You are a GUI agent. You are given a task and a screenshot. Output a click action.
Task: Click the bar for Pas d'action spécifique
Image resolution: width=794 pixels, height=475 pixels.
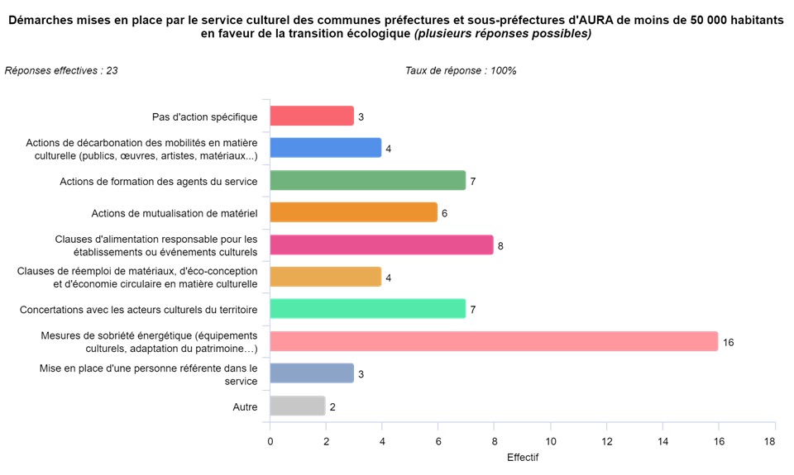point(312,116)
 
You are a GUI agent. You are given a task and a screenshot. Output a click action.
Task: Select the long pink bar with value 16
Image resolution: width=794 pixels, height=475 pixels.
point(494,341)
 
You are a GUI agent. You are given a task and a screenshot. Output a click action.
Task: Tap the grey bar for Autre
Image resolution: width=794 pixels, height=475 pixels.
point(298,406)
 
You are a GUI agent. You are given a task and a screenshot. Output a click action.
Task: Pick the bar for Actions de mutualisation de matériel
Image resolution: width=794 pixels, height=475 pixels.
point(354,213)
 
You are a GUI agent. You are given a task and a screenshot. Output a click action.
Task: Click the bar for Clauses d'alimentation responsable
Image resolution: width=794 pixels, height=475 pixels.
point(381,245)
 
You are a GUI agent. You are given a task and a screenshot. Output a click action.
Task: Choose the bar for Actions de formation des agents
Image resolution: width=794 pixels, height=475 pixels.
point(368,181)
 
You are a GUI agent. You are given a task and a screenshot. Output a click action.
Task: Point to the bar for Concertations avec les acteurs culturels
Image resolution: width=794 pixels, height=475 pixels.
point(368,310)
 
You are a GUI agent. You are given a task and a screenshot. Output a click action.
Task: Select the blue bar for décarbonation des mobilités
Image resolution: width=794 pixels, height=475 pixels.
point(326,149)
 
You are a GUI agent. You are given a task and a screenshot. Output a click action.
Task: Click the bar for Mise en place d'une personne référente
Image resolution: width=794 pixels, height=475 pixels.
point(312,374)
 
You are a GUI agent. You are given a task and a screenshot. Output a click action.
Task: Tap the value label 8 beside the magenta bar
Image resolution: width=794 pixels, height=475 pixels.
point(500,245)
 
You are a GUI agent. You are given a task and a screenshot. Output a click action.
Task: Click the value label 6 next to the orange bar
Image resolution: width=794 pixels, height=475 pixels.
point(444,213)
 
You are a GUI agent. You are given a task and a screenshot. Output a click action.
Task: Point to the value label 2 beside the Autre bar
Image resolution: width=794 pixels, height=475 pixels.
point(332,406)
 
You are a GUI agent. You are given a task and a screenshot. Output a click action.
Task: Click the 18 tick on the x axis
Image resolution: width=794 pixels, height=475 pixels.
point(770,442)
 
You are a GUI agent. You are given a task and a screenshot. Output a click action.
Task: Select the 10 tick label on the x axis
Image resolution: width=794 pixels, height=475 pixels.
point(550,442)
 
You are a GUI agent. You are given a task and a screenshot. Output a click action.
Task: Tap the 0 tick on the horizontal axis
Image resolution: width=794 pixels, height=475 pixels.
point(270,442)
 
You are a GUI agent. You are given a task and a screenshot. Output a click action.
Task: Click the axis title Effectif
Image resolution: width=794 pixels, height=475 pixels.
point(522,457)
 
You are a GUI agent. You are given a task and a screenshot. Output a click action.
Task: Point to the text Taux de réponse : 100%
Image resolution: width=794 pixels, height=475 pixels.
point(461,71)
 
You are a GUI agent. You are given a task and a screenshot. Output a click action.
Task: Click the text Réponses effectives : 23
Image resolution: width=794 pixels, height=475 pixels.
point(61,71)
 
